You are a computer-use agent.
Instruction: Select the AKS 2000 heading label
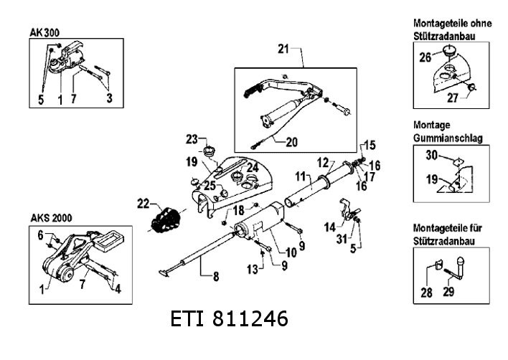(x=51, y=217)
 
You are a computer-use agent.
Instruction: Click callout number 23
(x=192, y=138)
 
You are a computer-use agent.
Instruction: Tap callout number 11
(x=301, y=175)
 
